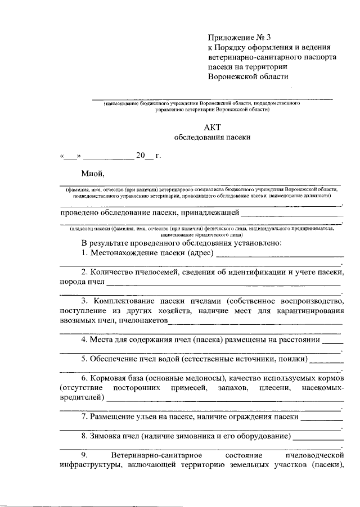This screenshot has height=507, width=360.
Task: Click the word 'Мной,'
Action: point(92,173)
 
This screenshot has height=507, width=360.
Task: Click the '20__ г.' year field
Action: point(148,156)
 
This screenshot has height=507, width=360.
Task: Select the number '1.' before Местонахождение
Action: point(85,253)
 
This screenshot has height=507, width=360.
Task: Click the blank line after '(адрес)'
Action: point(279,254)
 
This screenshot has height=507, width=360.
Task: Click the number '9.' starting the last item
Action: point(84,455)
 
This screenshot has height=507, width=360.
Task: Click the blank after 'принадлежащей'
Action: point(291,213)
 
